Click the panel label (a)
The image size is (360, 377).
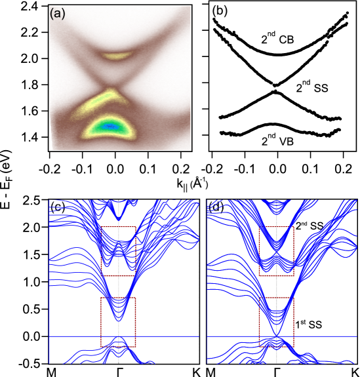[58, 14]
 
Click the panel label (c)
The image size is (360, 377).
[57, 207]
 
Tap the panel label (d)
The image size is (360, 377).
[216, 207]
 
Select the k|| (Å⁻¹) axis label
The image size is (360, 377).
[192, 184]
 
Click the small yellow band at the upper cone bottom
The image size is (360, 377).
[118, 57]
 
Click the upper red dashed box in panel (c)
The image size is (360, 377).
[119, 250]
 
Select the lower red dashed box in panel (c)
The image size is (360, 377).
[118, 322]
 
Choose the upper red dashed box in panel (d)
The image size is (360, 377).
[277, 251]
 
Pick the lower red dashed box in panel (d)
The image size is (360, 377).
[277, 321]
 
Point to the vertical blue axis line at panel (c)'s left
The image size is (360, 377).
[50, 288]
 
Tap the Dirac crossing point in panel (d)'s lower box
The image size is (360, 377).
[277, 336]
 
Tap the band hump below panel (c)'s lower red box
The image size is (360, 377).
[118, 340]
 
